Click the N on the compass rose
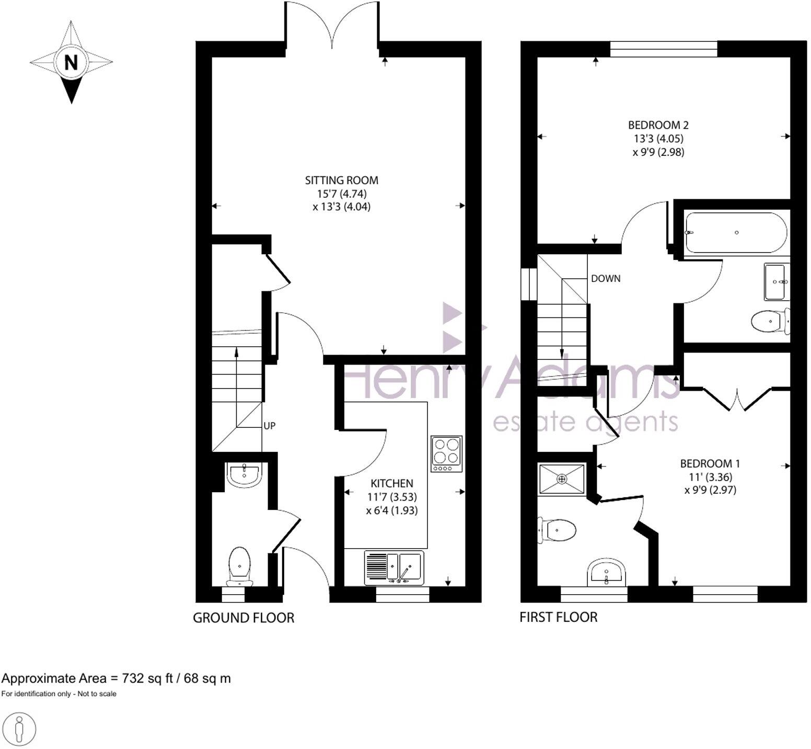pos(71,62)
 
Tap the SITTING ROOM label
pos(341,180)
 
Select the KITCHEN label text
pos(391,483)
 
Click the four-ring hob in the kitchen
pos(446,453)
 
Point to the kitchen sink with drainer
pos(395,568)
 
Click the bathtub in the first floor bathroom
pos(736,233)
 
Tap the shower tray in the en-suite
pos(562,479)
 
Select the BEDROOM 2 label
pos(658,125)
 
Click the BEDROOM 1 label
pos(710,463)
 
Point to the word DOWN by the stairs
pos(606,279)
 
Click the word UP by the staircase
pos(269,426)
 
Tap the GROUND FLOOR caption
pos(244,618)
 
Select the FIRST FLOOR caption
pos(558,617)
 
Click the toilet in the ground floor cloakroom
pos(240,565)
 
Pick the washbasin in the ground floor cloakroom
pos(244,474)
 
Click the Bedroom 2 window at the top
pos(664,49)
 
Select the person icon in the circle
pos(19,729)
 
